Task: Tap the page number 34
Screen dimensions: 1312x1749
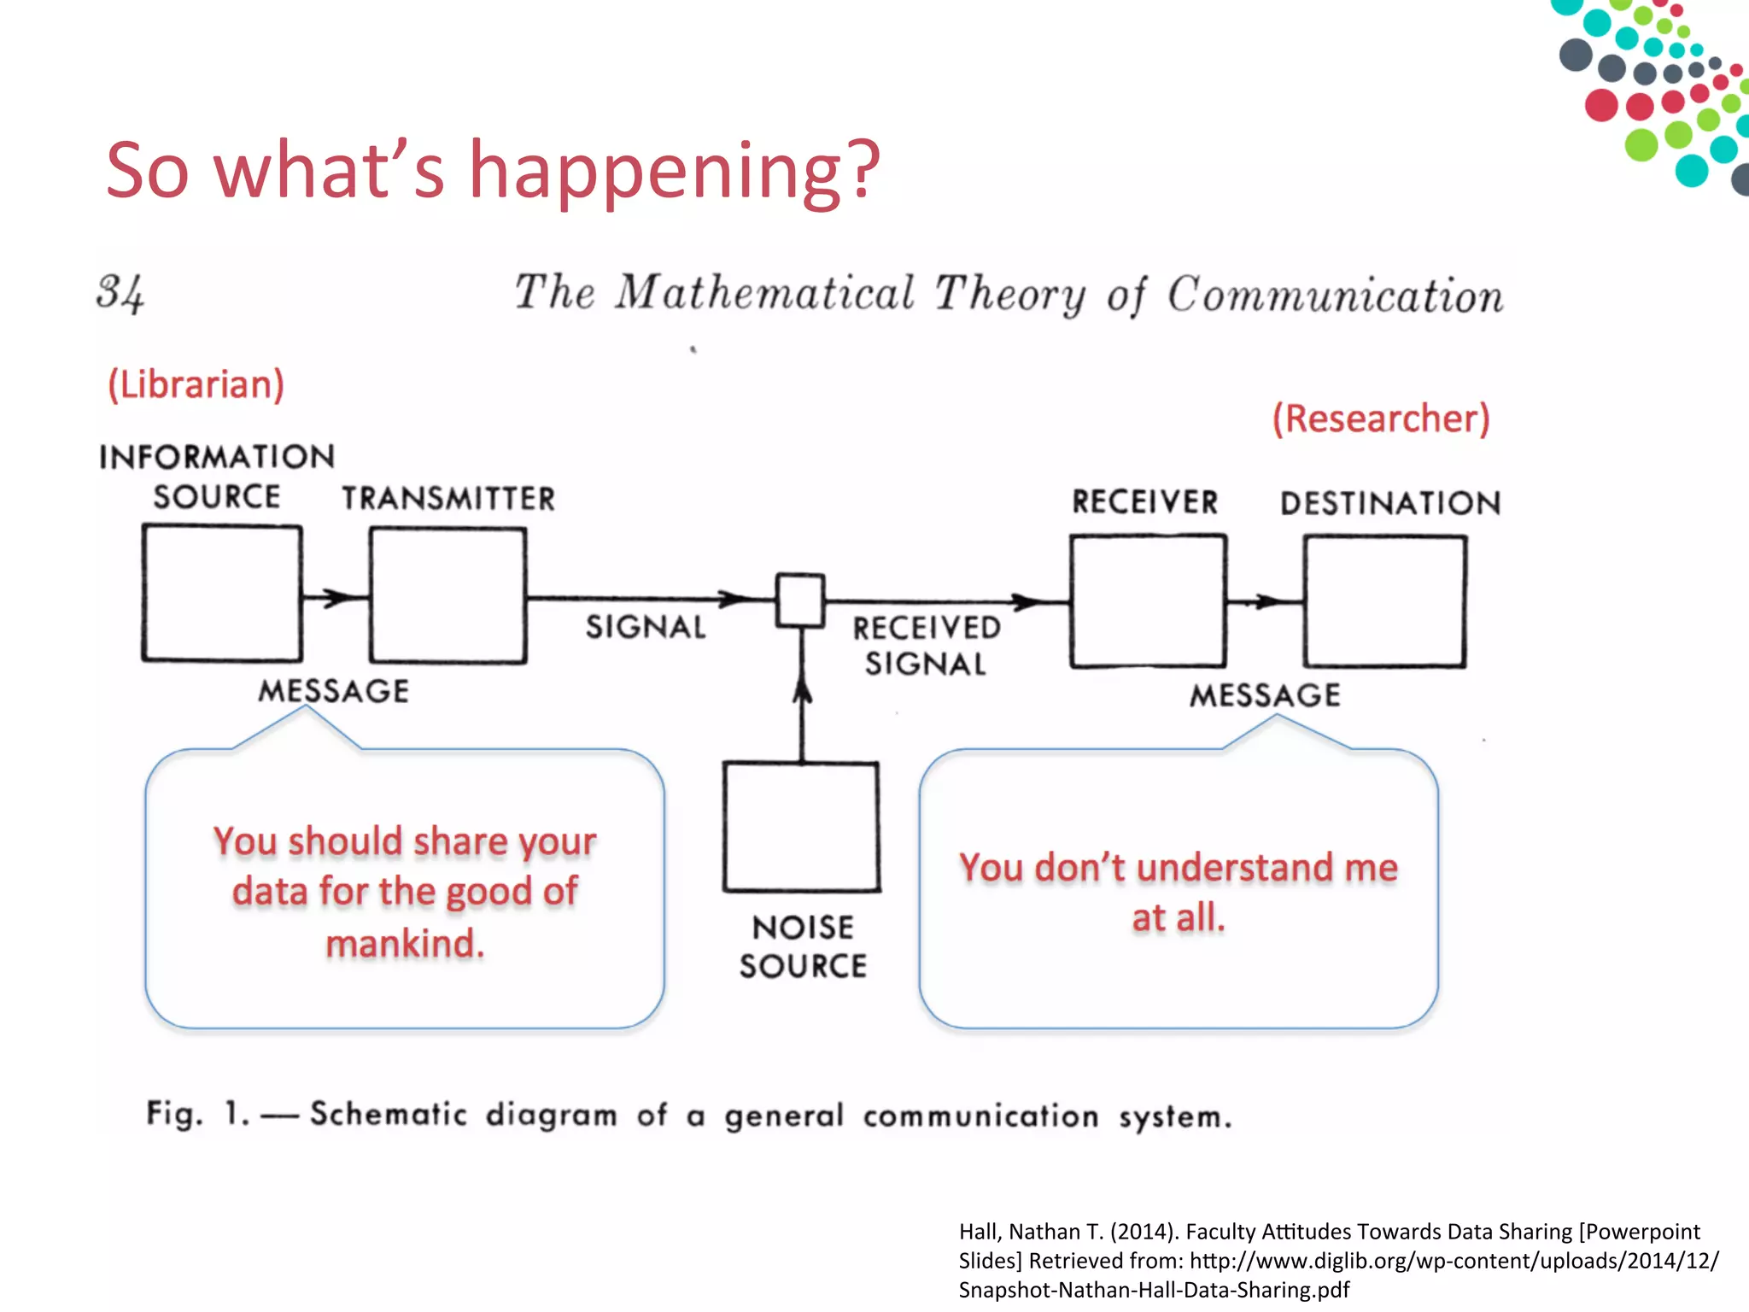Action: [120, 293]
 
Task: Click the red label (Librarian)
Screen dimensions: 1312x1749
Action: [196, 384]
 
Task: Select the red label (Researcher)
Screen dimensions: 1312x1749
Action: [1381, 419]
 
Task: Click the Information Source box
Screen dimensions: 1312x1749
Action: [222, 593]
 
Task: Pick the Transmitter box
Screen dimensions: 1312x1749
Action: [447, 594]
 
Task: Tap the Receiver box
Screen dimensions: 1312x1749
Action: [1148, 600]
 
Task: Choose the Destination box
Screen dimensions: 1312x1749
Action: [1384, 600]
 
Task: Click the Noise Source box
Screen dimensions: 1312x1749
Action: [801, 827]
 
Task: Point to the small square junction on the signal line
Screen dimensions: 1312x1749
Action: [800, 600]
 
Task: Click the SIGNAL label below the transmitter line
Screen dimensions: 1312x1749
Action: [646, 627]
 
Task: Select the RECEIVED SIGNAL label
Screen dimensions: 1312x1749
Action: [927, 646]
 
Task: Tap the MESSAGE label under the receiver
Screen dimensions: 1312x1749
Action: [1265, 695]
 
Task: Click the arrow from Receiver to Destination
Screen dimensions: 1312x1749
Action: [1265, 601]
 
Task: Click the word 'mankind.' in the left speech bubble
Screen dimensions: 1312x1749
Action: [405, 944]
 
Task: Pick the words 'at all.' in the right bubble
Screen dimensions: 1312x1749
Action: [1179, 918]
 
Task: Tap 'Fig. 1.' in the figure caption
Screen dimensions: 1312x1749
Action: [197, 1114]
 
